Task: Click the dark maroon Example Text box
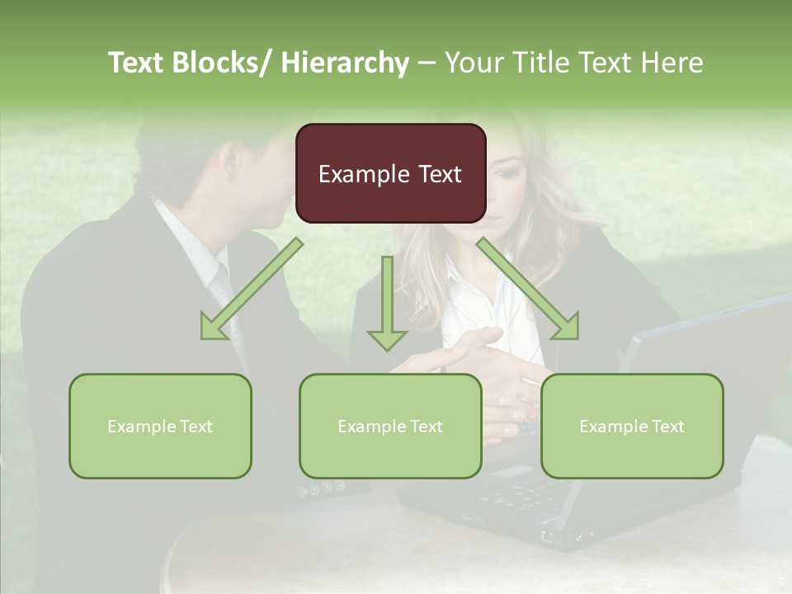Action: (x=390, y=173)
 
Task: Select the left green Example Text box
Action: (x=160, y=426)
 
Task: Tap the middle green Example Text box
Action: (x=390, y=426)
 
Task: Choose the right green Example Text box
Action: (x=632, y=426)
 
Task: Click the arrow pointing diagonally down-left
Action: (x=248, y=292)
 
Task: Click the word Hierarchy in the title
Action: (x=345, y=63)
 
